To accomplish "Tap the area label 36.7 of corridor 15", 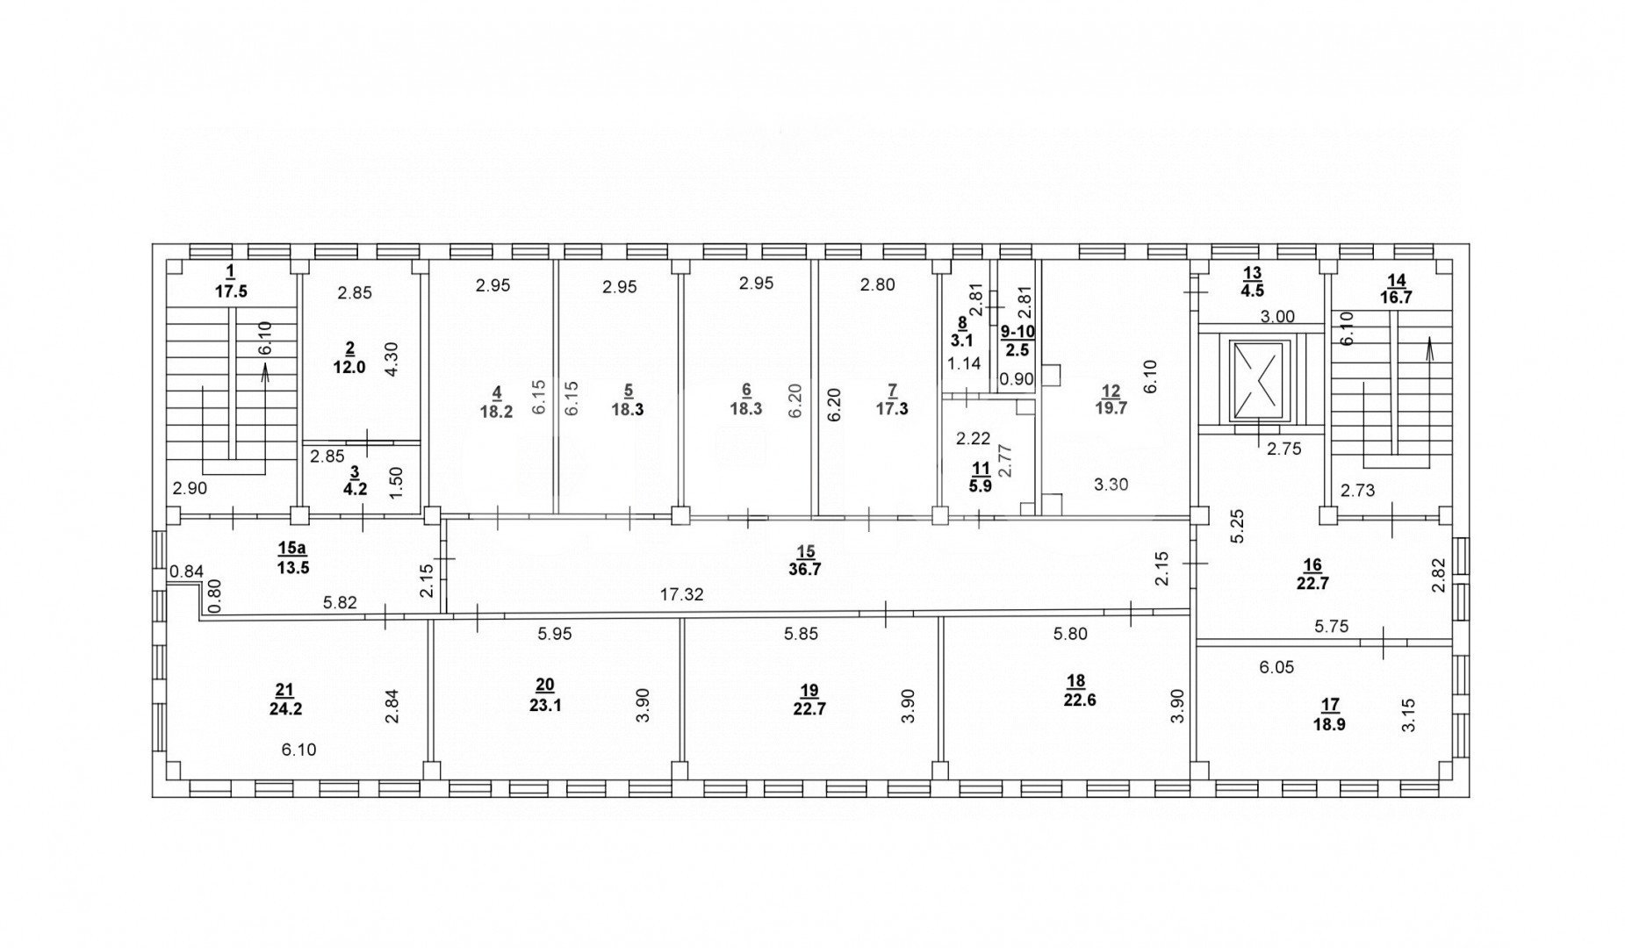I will coord(805,569).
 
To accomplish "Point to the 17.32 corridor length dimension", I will coord(681,595).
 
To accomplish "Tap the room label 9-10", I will coord(1017,332).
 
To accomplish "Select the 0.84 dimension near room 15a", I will coord(186,572).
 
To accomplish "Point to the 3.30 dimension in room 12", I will coord(1111,483).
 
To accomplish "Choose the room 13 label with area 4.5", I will coord(1252,279).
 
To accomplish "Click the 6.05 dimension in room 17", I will coord(1276,668).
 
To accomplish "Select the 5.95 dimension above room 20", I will coord(554,633).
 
